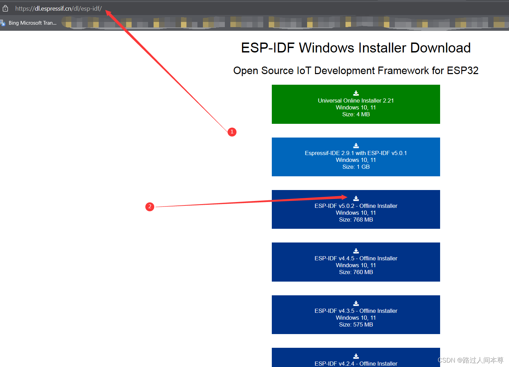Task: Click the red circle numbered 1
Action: [232, 132]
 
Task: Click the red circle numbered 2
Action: [150, 206]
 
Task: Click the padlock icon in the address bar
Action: [5, 8]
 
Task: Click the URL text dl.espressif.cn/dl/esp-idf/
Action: [58, 9]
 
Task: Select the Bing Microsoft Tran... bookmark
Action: [32, 23]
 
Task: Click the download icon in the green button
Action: [356, 93]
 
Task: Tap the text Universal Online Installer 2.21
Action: [356, 100]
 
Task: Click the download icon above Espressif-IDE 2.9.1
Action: [356, 145]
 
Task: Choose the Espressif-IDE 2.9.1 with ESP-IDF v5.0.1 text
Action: [356, 153]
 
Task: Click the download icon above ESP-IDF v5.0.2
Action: [356, 198]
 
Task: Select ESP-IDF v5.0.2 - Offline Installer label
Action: [356, 206]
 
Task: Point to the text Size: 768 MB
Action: [356, 220]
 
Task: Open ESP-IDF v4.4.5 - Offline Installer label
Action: [356, 258]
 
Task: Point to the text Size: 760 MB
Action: [356, 272]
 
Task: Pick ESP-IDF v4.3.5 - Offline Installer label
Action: [356, 311]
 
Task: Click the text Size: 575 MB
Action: [356, 324]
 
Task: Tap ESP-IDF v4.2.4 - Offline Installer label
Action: [356, 363]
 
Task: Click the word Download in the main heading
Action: [440, 48]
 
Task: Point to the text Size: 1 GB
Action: [356, 167]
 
